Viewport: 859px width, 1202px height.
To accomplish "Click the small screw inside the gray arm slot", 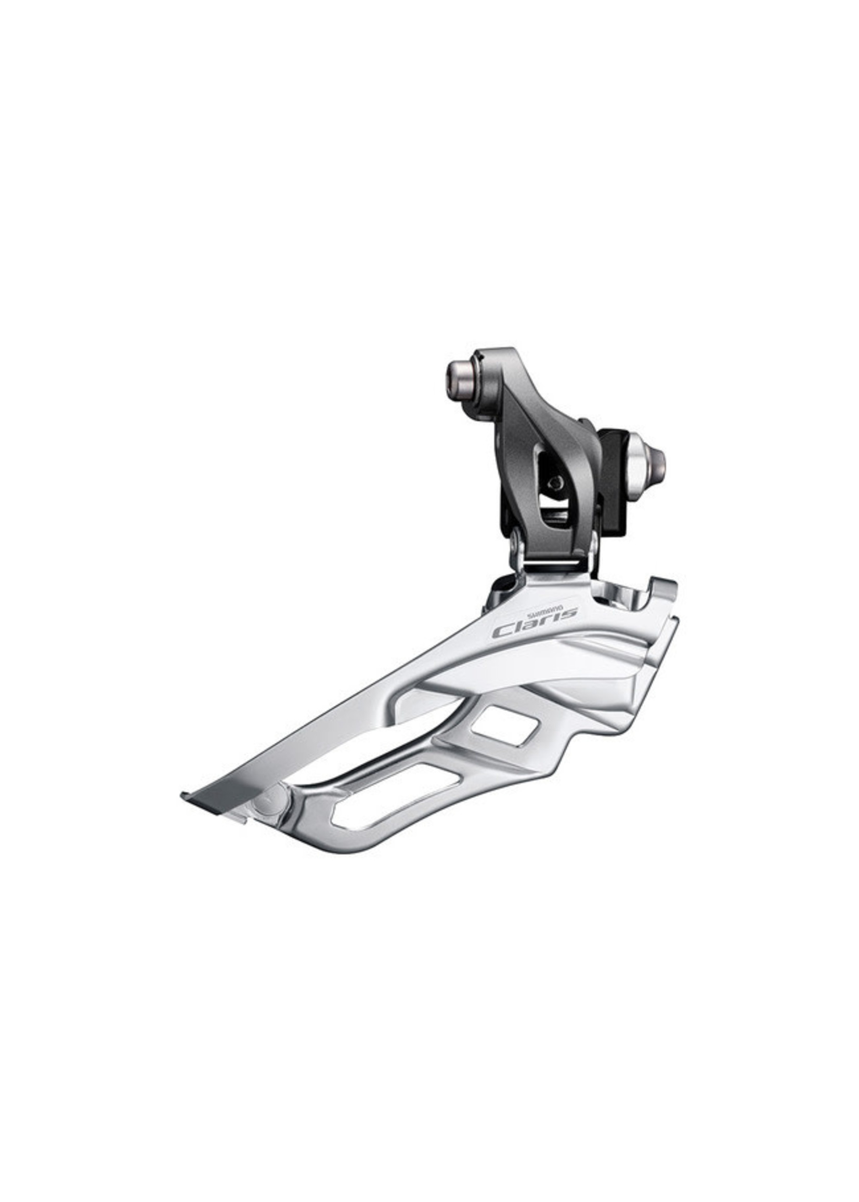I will pos(554,482).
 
